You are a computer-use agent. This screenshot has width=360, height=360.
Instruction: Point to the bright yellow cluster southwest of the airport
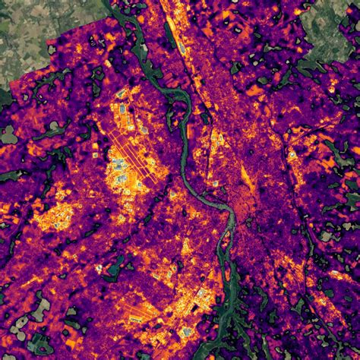click(x=57, y=216)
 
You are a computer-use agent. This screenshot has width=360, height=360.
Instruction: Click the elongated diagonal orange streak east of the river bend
click(x=247, y=178)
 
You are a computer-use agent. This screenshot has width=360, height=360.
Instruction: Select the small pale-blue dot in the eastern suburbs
click(x=292, y=156)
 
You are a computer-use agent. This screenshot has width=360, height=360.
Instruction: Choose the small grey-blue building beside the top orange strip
click(x=182, y=49)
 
